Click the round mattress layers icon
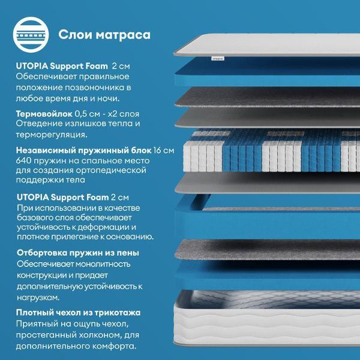[31, 35]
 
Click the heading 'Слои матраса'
[104, 35]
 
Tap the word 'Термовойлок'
[44, 113]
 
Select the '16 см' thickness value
[164, 151]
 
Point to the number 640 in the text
[23, 160]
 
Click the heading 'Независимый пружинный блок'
[83, 151]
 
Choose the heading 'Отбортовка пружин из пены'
[78, 253]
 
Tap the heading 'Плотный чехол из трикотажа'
[78, 313]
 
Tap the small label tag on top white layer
[217, 59]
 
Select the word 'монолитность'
[103, 264]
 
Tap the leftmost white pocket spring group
[203, 155]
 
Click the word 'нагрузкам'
[38, 298]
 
